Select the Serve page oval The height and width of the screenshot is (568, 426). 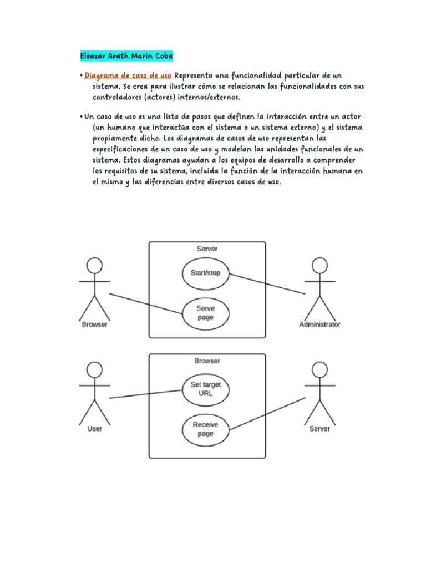[x=205, y=313]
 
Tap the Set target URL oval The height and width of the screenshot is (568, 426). [x=206, y=388]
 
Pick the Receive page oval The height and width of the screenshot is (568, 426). [x=205, y=429]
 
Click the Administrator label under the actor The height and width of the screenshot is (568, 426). [x=319, y=324]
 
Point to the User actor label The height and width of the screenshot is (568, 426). [x=95, y=428]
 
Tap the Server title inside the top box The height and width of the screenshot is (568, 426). [x=207, y=248]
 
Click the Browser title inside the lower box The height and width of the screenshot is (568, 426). [x=207, y=361]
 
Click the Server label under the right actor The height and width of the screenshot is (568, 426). [x=319, y=428]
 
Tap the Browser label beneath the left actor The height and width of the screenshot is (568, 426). [x=95, y=324]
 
